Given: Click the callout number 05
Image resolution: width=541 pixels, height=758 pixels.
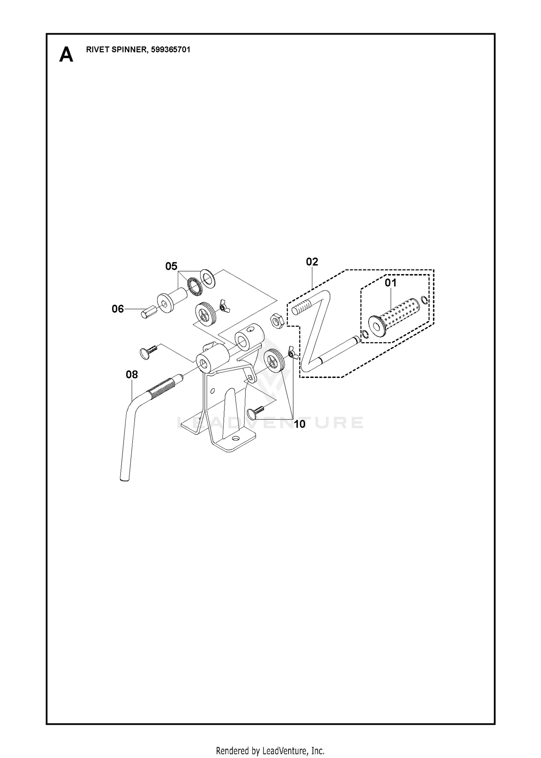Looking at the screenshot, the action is click(x=171, y=266).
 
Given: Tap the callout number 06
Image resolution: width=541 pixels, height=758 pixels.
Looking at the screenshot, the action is click(x=118, y=309).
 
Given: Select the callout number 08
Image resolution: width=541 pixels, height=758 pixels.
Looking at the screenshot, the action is click(x=132, y=375).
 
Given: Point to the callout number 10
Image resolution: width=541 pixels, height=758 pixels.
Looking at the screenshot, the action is click(x=299, y=424).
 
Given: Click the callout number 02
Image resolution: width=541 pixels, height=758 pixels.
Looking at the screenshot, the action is click(x=312, y=262).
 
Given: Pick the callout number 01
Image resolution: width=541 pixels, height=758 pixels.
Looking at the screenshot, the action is click(x=390, y=283).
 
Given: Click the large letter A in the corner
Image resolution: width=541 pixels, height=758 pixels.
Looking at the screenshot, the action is click(x=66, y=55).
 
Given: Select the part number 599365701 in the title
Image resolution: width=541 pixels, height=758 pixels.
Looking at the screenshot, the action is click(x=170, y=50).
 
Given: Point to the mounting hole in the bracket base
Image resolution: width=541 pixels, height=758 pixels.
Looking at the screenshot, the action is click(x=236, y=440).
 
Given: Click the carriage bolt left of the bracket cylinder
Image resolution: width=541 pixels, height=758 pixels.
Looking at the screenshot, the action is click(x=148, y=351).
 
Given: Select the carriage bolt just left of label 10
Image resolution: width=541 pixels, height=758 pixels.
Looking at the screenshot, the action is click(x=256, y=413).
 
